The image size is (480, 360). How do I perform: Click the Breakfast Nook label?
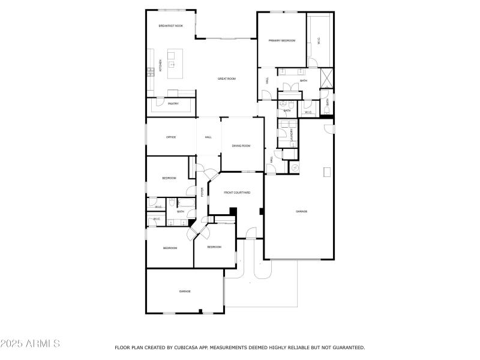170,26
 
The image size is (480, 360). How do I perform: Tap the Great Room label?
226,79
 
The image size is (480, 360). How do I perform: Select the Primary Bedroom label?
282,40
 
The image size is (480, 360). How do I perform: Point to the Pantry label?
173,104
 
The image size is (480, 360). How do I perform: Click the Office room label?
171,137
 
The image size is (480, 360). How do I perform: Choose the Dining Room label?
241,146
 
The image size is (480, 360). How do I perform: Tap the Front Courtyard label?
237,193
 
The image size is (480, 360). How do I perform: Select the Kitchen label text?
160,65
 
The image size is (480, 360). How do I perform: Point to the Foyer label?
202,192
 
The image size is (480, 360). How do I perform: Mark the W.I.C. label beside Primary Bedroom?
319,40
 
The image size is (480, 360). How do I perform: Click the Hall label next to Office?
208,137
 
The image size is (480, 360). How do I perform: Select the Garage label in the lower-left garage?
185,292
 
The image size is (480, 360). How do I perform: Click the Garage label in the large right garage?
301,211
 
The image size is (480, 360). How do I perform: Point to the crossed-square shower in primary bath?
326,78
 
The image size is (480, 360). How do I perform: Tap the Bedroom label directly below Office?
169,178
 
